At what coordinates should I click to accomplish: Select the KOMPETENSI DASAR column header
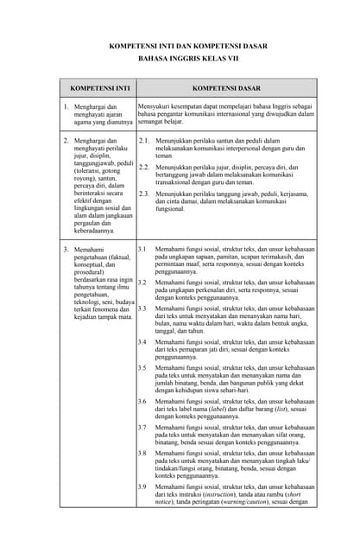pos(227,89)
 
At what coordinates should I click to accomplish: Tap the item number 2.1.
pos(143,140)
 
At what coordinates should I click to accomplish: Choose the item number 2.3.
pos(143,194)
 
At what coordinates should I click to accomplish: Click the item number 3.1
pos(142,249)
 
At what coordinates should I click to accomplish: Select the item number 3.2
pos(142,283)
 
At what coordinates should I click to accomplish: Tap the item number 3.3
pos(142,308)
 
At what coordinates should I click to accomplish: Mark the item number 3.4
pos(142,342)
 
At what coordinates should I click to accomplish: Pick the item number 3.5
pos(142,368)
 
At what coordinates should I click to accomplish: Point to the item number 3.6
pos(142,402)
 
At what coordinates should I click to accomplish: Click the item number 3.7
pos(142,427)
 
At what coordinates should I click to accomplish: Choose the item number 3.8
pos(142,453)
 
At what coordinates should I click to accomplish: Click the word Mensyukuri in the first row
pos(155,105)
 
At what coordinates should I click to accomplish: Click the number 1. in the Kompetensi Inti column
pos(66,106)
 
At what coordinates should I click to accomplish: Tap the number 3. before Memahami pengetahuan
pos(66,250)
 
